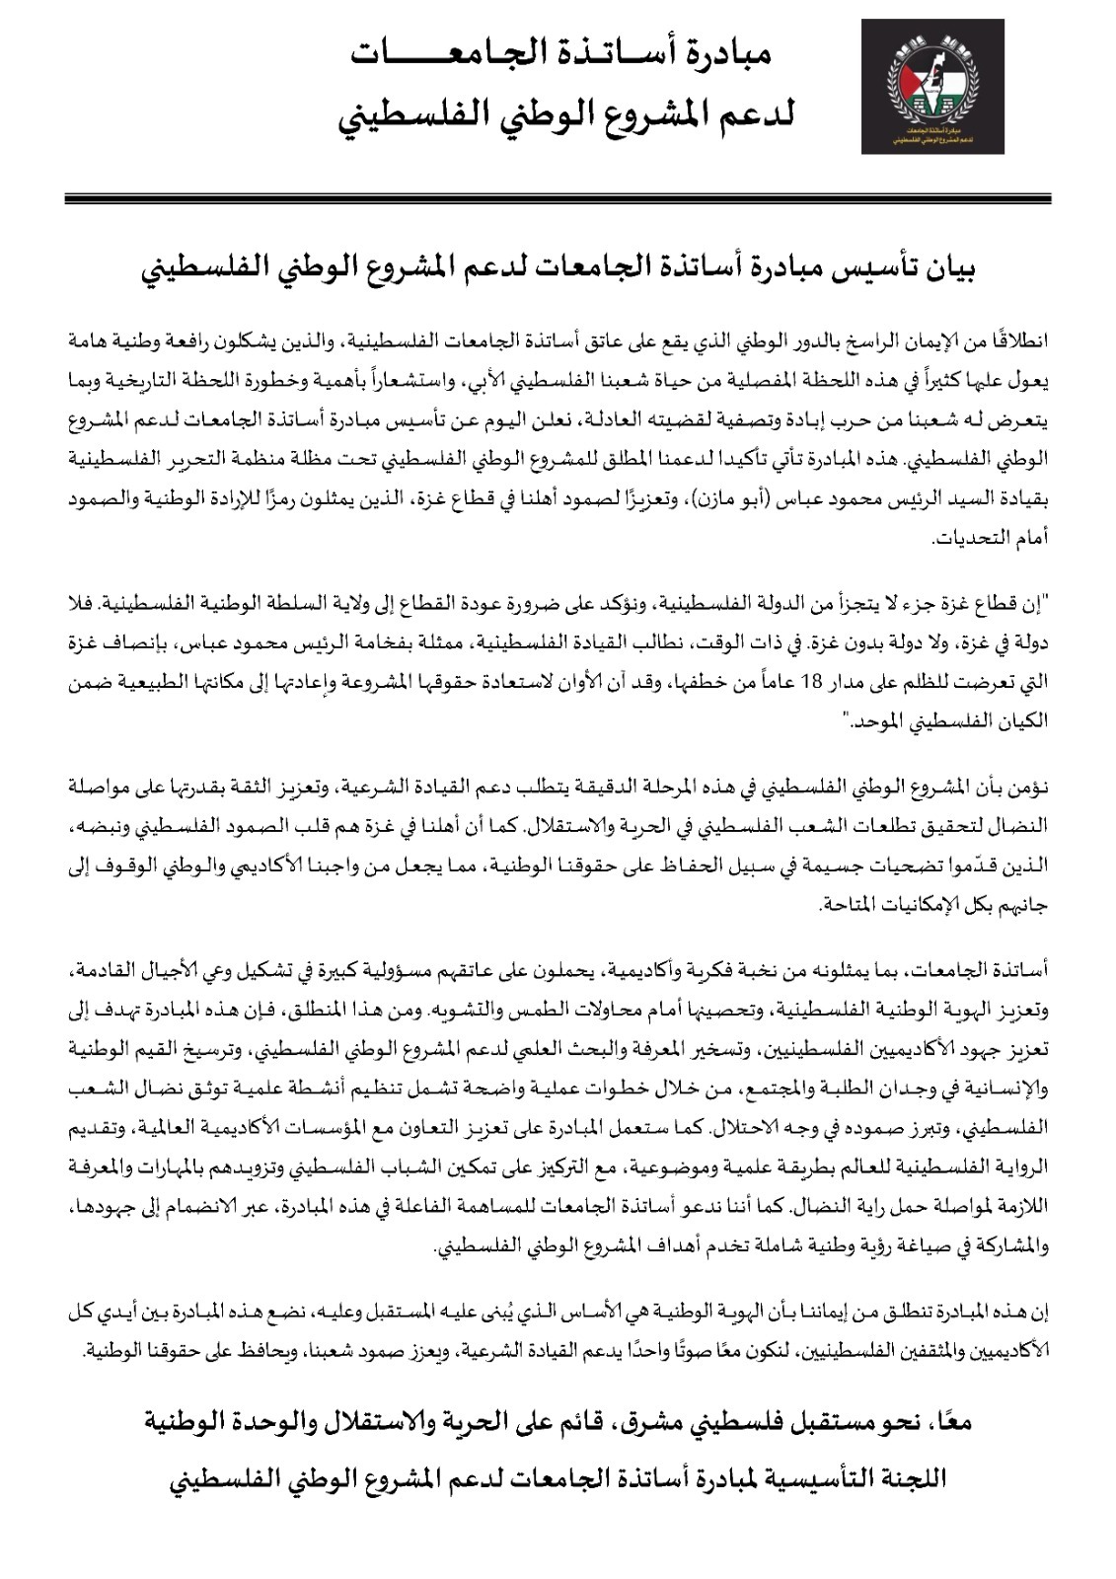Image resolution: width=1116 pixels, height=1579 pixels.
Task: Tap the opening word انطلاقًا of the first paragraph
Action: tap(1023, 342)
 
